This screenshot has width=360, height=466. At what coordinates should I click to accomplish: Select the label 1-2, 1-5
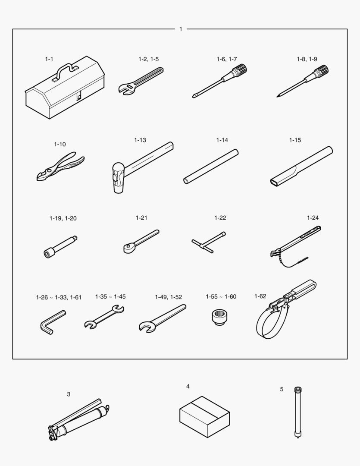tap(148, 59)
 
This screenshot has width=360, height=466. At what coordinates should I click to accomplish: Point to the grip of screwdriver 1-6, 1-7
tap(240, 71)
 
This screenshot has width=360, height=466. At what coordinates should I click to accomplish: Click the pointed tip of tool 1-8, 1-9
tap(277, 96)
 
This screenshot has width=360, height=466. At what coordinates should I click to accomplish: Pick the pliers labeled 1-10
tap(60, 166)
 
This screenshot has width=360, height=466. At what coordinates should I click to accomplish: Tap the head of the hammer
tap(118, 178)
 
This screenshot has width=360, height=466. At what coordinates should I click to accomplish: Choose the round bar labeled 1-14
tap(211, 167)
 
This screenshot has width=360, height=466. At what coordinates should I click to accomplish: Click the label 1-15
tap(295, 140)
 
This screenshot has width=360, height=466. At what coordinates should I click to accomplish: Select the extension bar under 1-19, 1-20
tap(61, 247)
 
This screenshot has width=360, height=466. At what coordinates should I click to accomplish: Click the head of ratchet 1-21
tap(129, 247)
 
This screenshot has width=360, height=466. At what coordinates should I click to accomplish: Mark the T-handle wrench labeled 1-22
tap(209, 242)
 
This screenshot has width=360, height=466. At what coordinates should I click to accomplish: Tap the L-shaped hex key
tap(52, 323)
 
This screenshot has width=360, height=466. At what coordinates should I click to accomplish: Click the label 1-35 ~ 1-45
tap(110, 296)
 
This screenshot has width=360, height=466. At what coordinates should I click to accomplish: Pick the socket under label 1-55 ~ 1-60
tap(220, 317)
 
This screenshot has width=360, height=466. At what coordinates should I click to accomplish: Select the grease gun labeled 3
tap(79, 419)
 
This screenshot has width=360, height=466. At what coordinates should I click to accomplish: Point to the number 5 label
tap(282, 389)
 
